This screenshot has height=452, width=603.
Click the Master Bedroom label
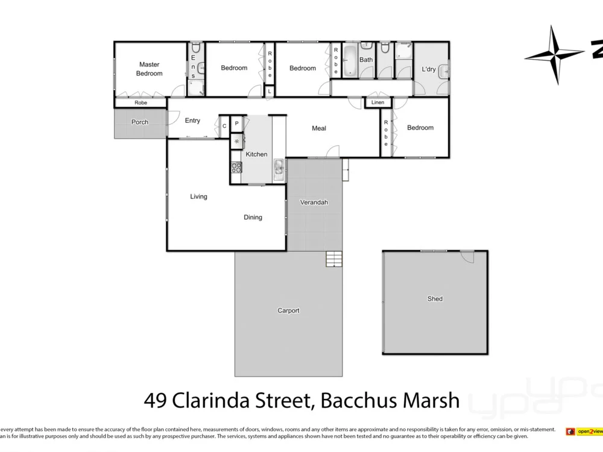(x=149, y=69)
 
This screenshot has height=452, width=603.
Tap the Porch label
(x=140, y=122)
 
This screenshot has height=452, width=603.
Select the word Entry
(x=192, y=121)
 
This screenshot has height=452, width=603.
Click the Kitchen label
(x=256, y=154)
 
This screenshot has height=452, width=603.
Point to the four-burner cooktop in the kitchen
(x=236, y=167)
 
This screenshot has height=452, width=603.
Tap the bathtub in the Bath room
(x=350, y=60)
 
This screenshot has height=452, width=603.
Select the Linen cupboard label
(x=377, y=102)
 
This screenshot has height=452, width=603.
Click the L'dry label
(x=429, y=69)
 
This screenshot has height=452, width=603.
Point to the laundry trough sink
(x=443, y=71)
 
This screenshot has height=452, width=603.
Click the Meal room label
(x=319, y=128)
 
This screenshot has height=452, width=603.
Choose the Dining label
(x=253, y=218)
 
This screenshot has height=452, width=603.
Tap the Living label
(x=198, y=196)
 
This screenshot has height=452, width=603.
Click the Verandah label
(x=314, y=202)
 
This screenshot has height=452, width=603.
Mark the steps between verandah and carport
(x=334, y=259)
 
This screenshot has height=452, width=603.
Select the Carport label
(x=288, y=311)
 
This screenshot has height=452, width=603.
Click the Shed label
(x=435, y=299)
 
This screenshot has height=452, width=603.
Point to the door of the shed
(x=467, y=256)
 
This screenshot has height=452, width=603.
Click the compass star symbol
(x=554, y=55)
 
